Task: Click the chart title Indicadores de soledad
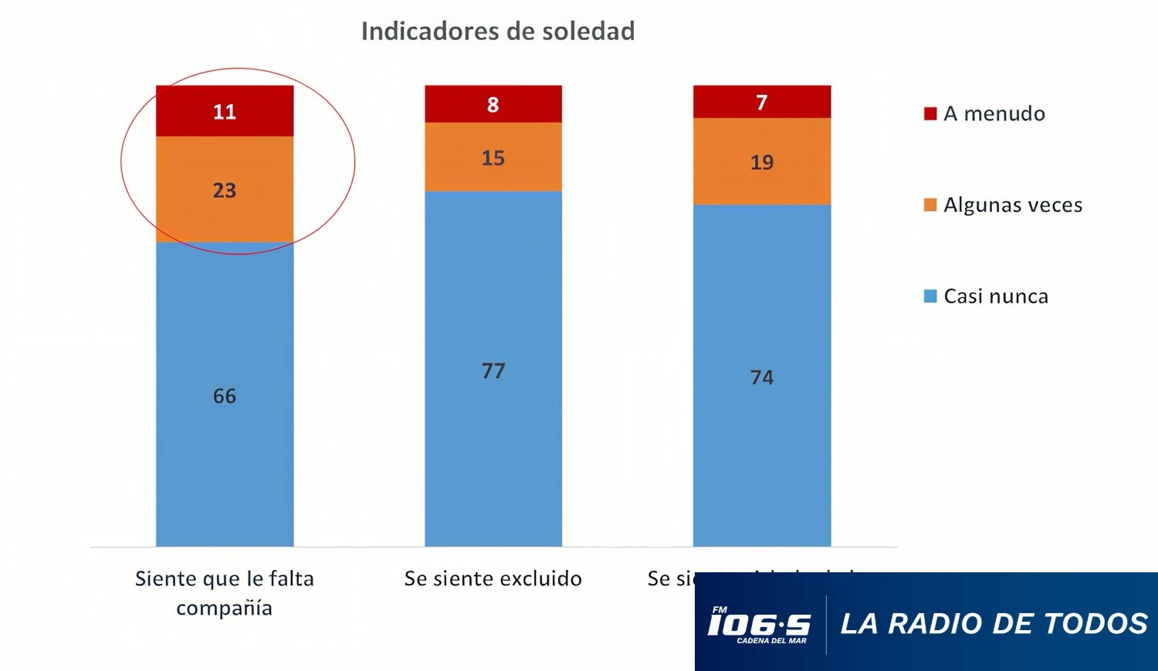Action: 498,31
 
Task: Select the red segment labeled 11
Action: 225,111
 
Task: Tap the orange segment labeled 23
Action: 225,190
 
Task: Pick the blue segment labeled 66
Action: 225,395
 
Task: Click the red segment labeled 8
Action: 493,104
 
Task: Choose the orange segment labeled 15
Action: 493,157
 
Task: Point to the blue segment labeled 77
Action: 493,370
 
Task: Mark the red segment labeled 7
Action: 762,102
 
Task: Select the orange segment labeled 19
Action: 762,162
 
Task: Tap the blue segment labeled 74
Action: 762,376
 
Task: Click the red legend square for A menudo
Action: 930,113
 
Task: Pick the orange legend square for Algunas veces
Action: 930,204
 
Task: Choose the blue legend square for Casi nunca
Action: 930,296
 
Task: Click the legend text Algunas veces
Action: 1013,205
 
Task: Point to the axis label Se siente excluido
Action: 493,578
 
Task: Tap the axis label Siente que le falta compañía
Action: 225,592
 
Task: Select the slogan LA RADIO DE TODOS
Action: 994,623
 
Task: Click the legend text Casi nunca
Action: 996,296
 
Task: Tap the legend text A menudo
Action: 994,113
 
